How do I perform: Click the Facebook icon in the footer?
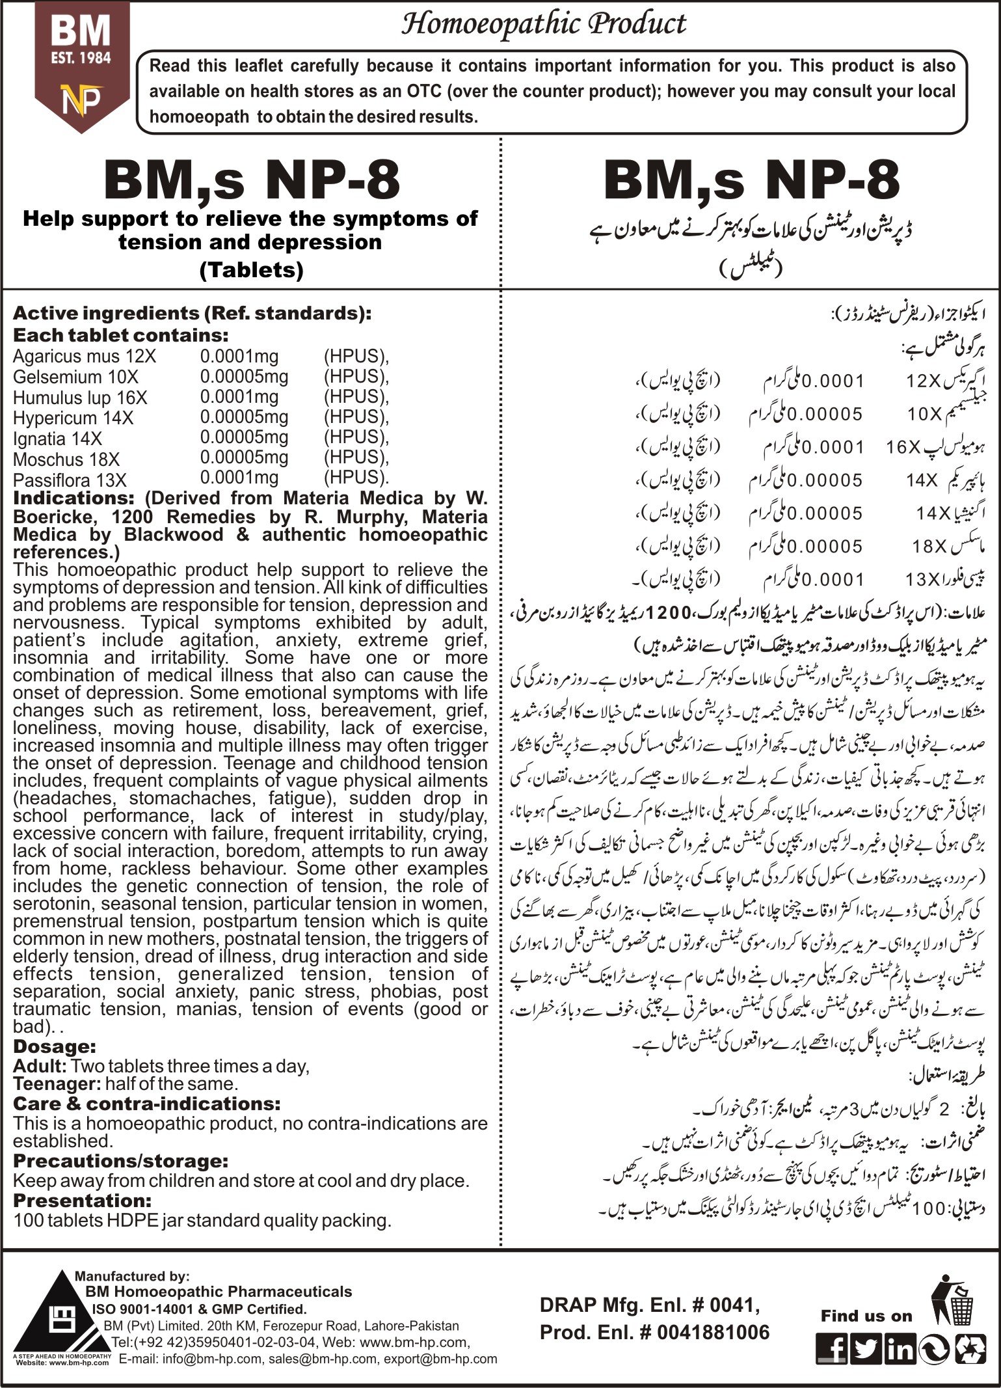pyautogui.click(x=832, y=1349)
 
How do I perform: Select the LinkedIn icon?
pyautogui.click(x=900, y=1349)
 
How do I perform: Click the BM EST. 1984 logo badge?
pyautogui.click(x=81, y=65)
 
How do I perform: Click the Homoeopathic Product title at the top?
pyautogui.click(x=543, y=24)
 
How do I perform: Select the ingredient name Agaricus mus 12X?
pyautogui.click(x=85, y=357)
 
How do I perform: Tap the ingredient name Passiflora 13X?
pyautogui.click(x=70, y=481)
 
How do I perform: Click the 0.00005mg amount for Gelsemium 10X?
pyautogui.click(x=244, y=377)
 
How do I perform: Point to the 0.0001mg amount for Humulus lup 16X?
pyautogui.click(x=239, y=397)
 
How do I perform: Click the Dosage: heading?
pyautogui.click(x=55, y=1047)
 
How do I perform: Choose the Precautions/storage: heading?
pyautogui.click(x=120, y=1161)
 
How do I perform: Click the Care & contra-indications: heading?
pyautogui.click(x=146, y=1104)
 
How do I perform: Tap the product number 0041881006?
pyautogui.click(x=713, y=1332)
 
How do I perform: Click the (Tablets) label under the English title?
pyautogui.click(x=251, y=269)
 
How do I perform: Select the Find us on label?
pyautogui.click(x=866, y=1316)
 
